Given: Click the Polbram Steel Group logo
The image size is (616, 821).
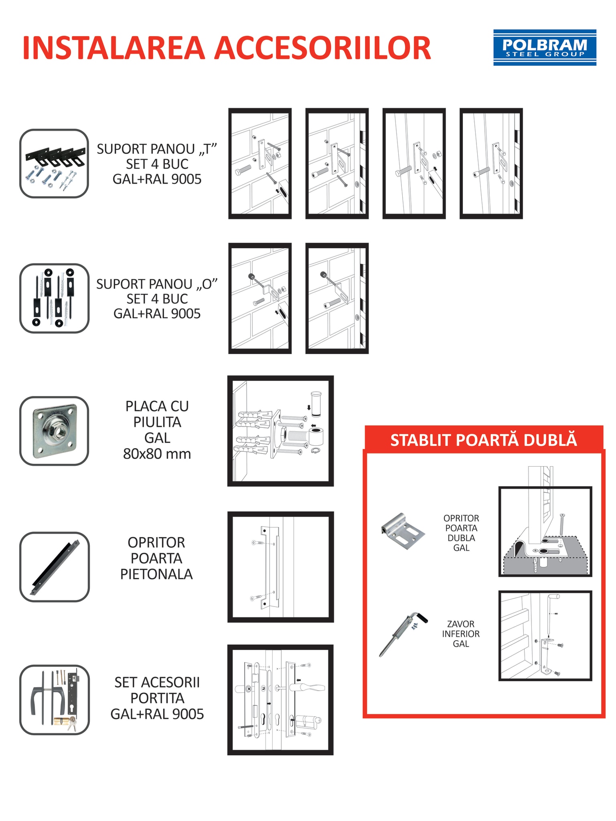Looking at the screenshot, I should (544, 47).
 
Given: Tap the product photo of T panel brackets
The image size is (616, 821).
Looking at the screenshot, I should (54, 164).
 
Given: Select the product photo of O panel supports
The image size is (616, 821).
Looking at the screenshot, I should (54, 298).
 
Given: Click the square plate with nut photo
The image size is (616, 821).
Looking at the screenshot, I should (54, 431).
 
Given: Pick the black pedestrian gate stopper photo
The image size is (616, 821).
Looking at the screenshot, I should (54, 566).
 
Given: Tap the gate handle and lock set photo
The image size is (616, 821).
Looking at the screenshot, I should (54, 700).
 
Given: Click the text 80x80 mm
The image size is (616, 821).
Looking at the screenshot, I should (157, 454).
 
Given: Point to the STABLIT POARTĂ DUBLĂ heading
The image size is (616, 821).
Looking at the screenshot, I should (483, 440).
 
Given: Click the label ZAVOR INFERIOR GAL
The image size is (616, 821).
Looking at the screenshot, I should (461, 634).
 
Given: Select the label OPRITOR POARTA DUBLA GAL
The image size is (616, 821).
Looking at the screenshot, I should (461, 533).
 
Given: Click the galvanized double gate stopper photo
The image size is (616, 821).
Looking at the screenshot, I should (402, 531).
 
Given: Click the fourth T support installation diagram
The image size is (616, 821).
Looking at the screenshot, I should (491, 164).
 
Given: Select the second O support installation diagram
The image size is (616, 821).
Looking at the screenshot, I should (337, 298).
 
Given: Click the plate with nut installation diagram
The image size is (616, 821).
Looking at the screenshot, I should (280, 431).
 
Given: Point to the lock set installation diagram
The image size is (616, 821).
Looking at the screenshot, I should (280, 700).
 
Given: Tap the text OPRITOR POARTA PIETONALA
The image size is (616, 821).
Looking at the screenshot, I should (156, 558).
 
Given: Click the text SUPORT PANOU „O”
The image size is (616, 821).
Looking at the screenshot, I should (157, 284).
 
